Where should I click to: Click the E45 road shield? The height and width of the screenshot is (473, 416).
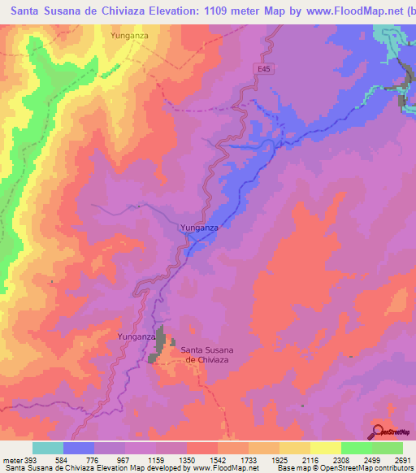(262, 70)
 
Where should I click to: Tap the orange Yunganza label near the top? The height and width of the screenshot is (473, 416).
(130, 36)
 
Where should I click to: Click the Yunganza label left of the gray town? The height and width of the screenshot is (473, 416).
(136, 336)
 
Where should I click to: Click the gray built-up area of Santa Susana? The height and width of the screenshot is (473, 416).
(162, 345)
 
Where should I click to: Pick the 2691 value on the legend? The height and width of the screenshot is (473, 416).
(402, 458)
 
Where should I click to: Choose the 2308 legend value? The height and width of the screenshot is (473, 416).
(340, 458)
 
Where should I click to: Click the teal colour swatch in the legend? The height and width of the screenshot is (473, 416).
(48, 448)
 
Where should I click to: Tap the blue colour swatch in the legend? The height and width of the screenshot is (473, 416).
(79, 448)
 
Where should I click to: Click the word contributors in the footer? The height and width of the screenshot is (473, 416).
(396, 467)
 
